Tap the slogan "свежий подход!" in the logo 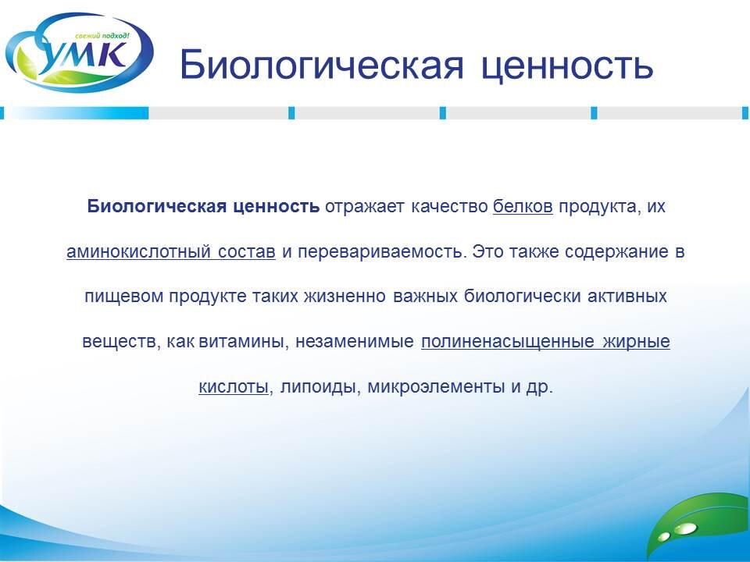point(102,36)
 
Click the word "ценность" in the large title point(567,66)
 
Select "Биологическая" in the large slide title point(321,64)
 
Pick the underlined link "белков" point(523,206)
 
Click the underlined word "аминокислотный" point(139,251)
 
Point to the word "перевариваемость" point(381,252)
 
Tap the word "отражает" point(365,207)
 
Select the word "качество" point(449,206)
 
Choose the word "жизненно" point(345,297)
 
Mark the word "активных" point(627,297)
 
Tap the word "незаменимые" point(355,342)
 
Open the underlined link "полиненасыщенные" point(508,342)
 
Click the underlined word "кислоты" point(234,386)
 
